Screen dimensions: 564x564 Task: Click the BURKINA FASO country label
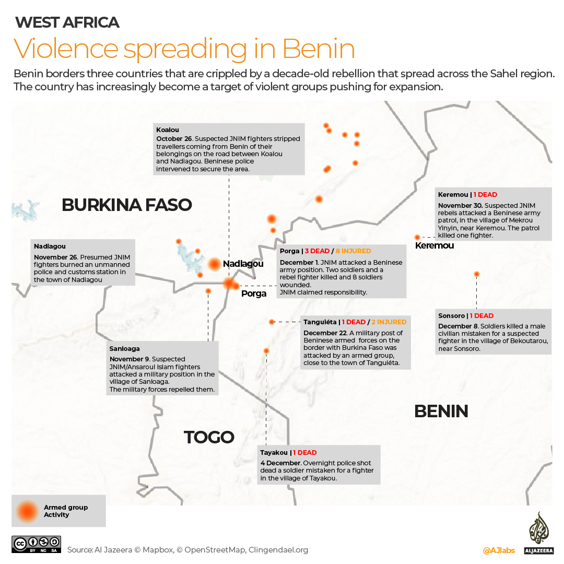127,205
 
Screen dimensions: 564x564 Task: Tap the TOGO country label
209,437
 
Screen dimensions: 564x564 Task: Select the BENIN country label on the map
441,412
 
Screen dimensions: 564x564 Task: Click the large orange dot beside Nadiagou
214,264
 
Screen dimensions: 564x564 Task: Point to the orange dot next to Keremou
417,237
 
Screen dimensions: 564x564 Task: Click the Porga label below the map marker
254,293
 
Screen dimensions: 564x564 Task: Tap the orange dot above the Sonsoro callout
476,274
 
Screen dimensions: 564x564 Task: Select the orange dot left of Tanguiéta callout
272,322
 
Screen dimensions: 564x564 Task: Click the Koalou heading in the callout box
168,130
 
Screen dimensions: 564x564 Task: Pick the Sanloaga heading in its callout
124,349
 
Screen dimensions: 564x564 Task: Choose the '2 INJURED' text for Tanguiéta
389,322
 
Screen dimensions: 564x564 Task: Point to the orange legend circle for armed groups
27,511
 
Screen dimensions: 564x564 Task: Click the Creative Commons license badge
37,544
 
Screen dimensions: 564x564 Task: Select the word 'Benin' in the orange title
319,49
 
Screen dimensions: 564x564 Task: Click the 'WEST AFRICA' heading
67,22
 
